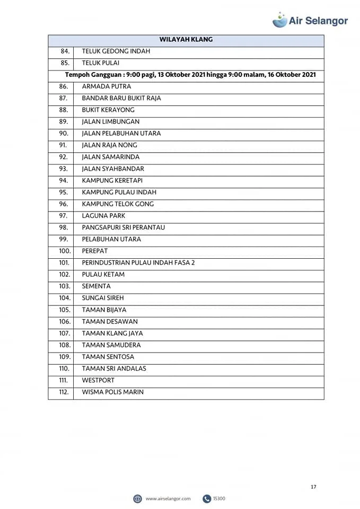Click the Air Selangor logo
310,20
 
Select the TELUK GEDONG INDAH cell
116,51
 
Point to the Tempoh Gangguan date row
190,75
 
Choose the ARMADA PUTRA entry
107,86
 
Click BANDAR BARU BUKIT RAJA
121,98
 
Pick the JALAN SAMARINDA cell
111,157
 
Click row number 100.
65,251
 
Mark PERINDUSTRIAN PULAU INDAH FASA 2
138,262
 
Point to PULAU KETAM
103,275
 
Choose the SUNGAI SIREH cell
103,298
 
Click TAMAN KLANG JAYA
112,334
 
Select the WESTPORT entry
98,380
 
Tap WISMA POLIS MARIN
113,392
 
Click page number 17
313,487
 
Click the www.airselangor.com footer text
168,498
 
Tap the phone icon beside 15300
207,498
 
